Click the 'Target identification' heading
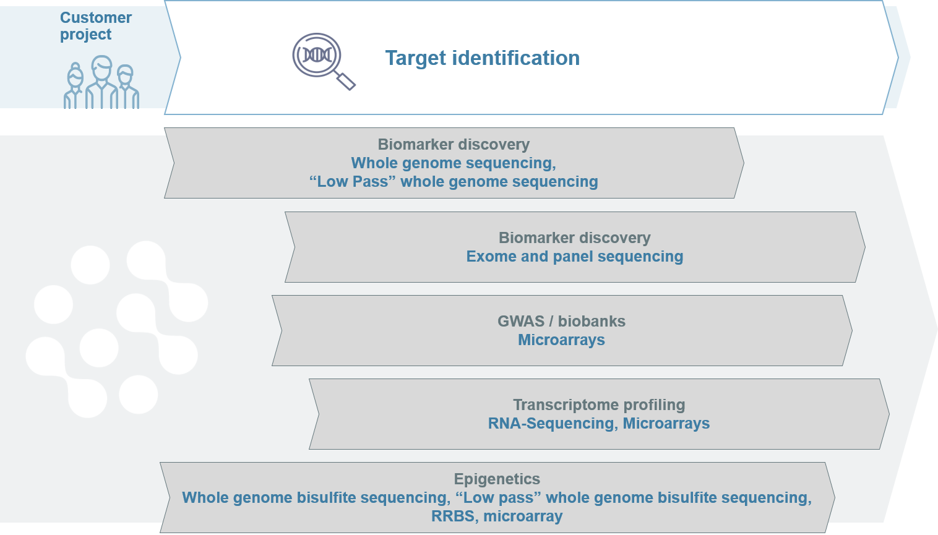[x=482, y=58]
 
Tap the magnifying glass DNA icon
[x=322, y=60]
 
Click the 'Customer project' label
[x=95, y=26]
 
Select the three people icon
[x=101, y=83]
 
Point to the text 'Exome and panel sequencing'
[x=574, y=257]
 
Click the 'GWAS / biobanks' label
[x=561, y=322]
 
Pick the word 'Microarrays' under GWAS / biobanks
[x=561, y=340]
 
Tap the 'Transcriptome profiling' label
[x=599, y=405]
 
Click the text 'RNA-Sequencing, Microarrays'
[x=599, y=424]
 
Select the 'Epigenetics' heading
[x=497, y=479]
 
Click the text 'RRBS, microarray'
[x=497, y=516]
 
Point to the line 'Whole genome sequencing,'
[x=454, y=163]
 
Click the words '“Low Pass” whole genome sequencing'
[x=454, y=182]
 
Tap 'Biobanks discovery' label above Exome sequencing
[x=574, y=238]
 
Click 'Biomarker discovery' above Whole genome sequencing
[x=454, y=145]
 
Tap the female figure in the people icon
[x=75, y=87]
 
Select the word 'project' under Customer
[x=85, y=35]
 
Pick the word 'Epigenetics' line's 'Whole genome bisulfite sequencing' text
[x=316, y=498]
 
